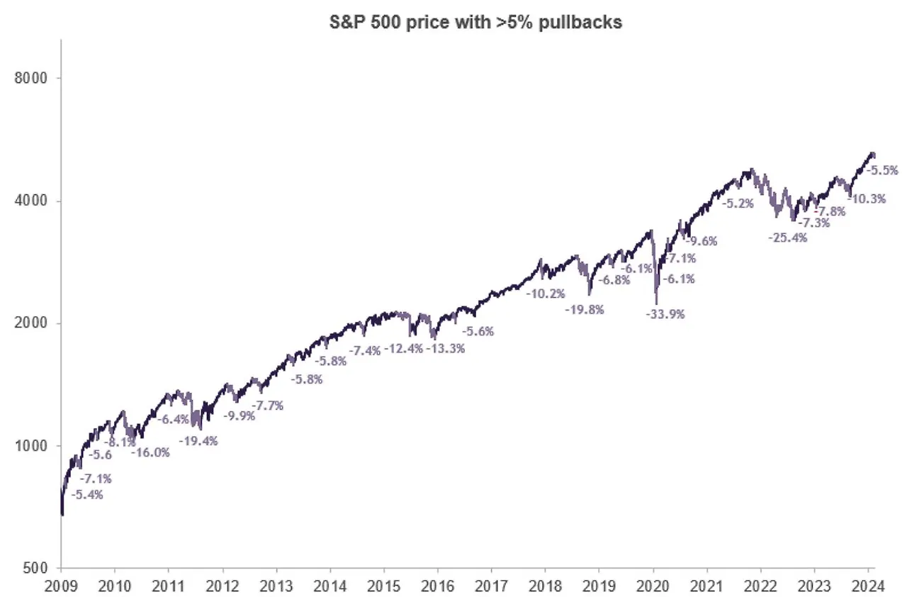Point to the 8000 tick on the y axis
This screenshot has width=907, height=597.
32,78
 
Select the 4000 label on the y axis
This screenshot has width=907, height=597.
32,201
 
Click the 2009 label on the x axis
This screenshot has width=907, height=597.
61,586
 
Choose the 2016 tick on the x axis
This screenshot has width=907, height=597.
437,586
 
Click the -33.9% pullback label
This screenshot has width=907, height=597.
665,313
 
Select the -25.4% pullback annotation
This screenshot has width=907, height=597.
787,238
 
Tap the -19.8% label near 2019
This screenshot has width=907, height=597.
584,309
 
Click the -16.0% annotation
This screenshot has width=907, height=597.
150,452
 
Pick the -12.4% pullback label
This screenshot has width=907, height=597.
402,348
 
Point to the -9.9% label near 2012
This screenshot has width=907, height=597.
239,415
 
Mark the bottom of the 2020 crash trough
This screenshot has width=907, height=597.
656,303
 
